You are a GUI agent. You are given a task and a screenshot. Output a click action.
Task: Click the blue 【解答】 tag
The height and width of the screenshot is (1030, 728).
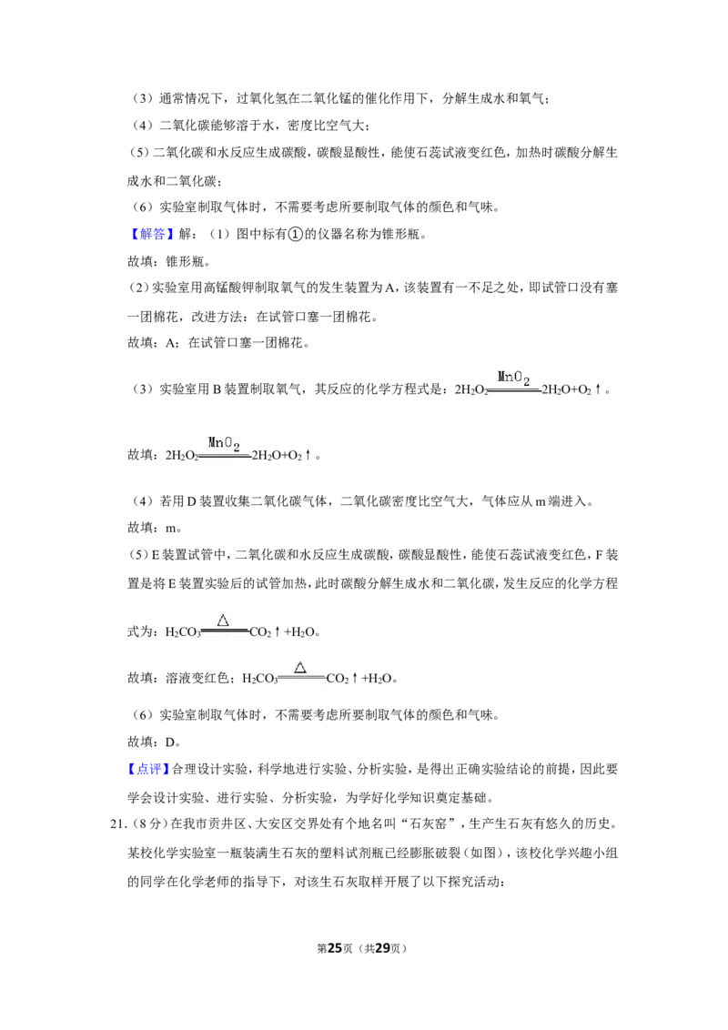(151, 234)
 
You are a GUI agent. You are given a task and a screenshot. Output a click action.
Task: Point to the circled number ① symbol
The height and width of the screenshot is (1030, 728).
(296, 234)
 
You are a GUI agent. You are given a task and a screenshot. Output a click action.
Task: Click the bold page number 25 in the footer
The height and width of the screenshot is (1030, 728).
(335, 948)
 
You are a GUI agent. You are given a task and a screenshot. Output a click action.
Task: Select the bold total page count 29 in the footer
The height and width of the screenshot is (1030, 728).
(382, 948)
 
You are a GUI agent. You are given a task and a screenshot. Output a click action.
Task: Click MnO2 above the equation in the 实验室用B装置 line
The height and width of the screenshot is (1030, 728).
(514, 378)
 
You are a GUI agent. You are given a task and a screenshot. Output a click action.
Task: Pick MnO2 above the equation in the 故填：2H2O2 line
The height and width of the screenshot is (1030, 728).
(224, 444)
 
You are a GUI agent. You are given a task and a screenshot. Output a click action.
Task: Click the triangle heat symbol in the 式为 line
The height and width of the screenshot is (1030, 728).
(223, 621)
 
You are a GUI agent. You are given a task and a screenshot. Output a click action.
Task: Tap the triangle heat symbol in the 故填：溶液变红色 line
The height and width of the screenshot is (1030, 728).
(300, 667)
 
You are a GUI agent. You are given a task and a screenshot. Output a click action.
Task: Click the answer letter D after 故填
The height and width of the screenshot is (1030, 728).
(170, 742)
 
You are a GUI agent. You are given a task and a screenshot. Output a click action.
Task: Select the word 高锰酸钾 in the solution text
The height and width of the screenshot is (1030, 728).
(227, 288)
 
